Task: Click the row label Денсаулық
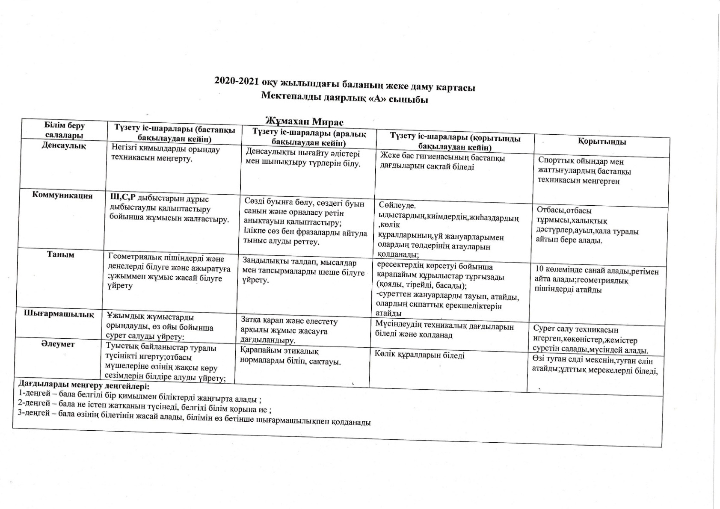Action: [64, 145]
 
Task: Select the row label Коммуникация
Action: [62, 195]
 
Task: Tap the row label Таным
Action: [61, 254]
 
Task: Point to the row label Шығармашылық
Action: [59, 314]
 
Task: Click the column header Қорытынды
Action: [602, 142]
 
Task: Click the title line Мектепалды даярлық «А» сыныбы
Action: [345, 98]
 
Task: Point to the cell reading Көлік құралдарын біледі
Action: [419, 355]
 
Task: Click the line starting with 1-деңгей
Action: [139, 397]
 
